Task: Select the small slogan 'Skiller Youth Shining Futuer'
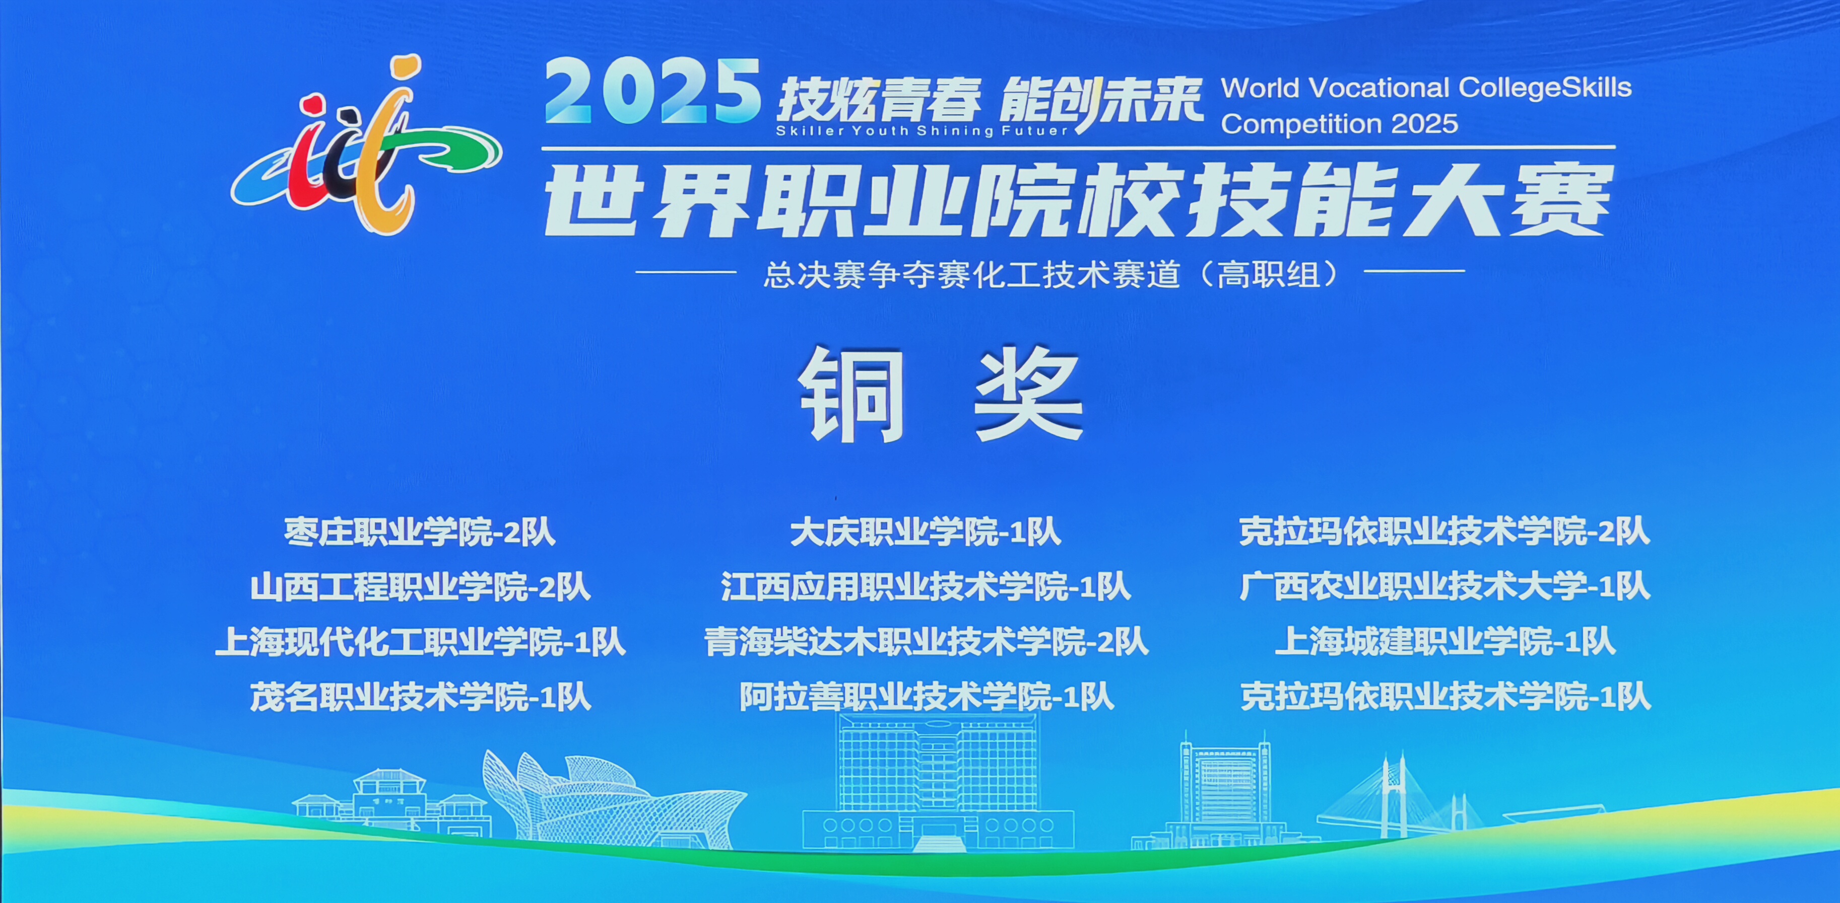[922, 131]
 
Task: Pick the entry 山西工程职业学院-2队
[420, 587]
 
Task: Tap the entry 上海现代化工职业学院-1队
[420, 642]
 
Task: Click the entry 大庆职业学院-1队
[926, 533]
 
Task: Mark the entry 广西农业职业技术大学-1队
[1445, 587]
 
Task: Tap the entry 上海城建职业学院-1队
[1445, 642]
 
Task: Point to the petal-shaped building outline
[614, 799]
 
